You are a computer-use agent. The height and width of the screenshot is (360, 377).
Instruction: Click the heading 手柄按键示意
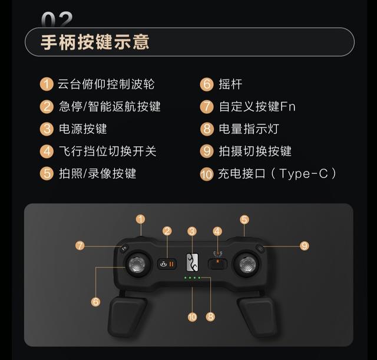coord(95,42)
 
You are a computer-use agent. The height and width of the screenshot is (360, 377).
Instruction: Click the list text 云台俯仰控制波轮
coord(106,84)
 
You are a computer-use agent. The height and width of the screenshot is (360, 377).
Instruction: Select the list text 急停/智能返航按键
coord(109,107)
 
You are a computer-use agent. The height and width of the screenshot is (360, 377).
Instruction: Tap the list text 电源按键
coord(82,128)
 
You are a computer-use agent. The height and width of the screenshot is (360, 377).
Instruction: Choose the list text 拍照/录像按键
coord(97,173)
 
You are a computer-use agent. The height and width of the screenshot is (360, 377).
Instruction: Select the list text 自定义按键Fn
coord(257,107)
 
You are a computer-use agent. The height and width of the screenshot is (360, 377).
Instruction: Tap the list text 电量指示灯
coord(249,128)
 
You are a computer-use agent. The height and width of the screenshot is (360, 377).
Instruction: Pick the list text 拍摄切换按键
coord(254,151)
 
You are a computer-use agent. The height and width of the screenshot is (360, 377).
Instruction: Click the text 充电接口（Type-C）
coord(277,173)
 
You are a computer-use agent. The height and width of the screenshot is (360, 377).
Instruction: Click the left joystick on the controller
coord(139,265)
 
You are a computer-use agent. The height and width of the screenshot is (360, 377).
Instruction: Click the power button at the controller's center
coord(192,262)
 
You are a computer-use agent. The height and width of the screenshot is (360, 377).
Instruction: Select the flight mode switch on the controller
coord(218,263)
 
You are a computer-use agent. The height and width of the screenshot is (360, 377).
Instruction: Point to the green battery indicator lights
coord(192,278)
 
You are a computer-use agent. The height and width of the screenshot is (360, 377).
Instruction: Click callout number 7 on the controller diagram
coord(80,246)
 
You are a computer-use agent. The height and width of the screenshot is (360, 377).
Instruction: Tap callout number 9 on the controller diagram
coord(305,246)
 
